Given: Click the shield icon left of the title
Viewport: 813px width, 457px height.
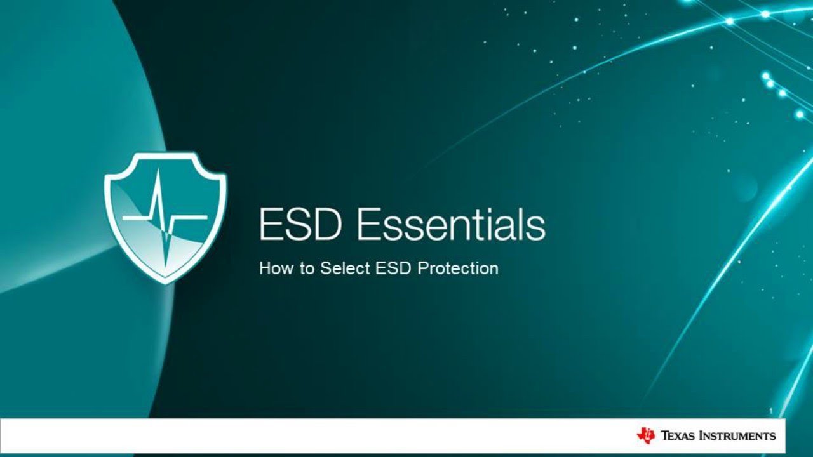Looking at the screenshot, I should pos(165,216).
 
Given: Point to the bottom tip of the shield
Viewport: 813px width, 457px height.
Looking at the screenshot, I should pos(166,281).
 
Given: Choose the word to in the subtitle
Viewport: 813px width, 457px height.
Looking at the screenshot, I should pos(307,268).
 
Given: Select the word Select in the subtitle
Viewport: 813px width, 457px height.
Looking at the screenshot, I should pos(345,268).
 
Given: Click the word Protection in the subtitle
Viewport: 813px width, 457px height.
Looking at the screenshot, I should pos(458,268).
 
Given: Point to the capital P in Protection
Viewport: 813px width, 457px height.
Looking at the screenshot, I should pos(422,268).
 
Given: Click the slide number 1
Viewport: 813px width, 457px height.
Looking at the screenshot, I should pos(771,411).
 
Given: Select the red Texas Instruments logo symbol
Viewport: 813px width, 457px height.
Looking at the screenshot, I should pos(645,435).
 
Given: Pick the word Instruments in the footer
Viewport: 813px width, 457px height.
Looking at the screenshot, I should pos(737,436).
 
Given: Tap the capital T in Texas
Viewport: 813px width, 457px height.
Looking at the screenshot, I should pos(665,436).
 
